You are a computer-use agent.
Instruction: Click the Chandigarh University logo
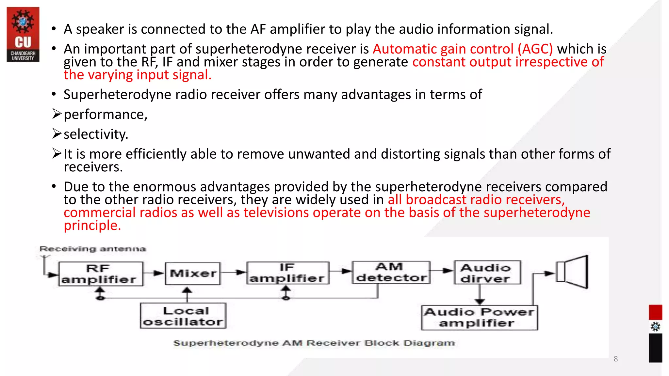tap(23, 34)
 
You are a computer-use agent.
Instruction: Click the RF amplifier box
tap(101, 274)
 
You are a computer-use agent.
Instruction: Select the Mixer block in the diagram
tap(193, 273)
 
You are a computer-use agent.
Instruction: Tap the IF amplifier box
tap(287, 273)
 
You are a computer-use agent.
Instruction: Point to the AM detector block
tap(391, 272)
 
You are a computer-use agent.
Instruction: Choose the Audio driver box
tap(487, 273)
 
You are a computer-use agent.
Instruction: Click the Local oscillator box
tap(183, 316)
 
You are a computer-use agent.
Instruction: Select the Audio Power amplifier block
tap(479, 318)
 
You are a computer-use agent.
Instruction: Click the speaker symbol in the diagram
tap(573, 272)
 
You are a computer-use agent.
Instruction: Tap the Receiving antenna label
tap(92, 249)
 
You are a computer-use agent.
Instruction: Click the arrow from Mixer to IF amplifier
tap(233, 272)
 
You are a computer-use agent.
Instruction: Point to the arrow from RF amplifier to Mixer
tap(154, 273)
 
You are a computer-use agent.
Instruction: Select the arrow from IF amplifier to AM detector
tap(340, 271)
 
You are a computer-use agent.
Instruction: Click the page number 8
tap(615, 359)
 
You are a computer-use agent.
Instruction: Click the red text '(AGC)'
tap(535, 49)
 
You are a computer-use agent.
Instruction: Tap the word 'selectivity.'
tap(96, 134)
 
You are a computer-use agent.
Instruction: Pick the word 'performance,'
tap(106, 115)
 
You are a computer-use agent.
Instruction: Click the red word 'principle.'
tap(92, 226)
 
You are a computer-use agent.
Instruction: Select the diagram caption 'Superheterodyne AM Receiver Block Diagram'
tap(314, 343)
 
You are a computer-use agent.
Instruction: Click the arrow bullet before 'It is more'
tap(57, 153)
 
